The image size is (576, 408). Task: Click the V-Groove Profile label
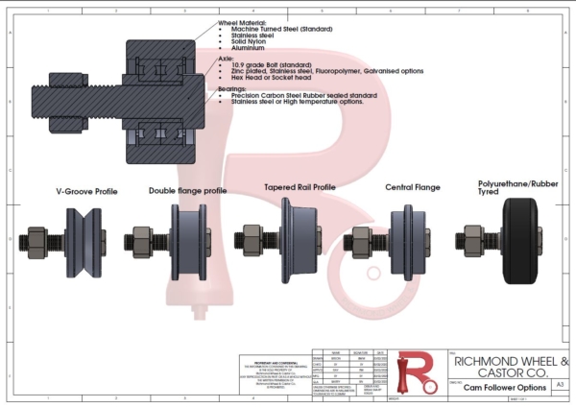[86, 192]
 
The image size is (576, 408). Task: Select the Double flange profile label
[188, 191]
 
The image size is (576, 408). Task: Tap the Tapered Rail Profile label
[300, 187]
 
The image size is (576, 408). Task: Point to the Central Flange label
[412, 188]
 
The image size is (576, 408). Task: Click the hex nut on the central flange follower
[365, 237]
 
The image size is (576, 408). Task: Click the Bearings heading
[235, 88]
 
